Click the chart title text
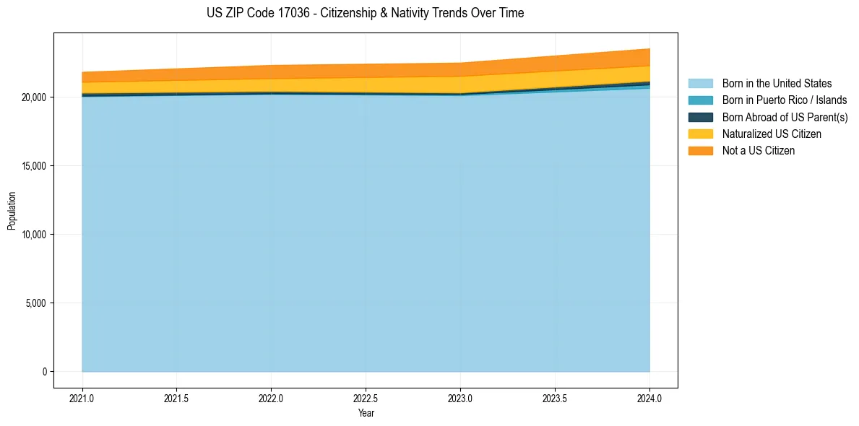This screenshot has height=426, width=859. [x=365, y=13]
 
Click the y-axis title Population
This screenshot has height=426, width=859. [x=12, y=210]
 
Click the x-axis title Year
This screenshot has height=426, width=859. [x=366, y=414]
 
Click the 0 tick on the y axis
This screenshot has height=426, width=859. [x=45, y=372]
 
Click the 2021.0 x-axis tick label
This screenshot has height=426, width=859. [x=82, y=398]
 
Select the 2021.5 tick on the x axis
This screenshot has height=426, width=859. [x=177, y=398]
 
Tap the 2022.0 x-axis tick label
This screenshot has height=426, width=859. [x=271, y=398]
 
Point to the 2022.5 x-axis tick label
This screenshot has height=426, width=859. [x=366, y=398]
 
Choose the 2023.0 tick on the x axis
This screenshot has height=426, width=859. [x=460, y=398]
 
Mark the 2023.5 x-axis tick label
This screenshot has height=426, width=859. [x=555, y=398]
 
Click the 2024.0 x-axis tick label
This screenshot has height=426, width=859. [x=649, y=398]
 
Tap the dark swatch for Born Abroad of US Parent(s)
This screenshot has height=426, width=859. [x=700, y=117]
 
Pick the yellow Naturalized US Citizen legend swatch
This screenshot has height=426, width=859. [x=700, y=134]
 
